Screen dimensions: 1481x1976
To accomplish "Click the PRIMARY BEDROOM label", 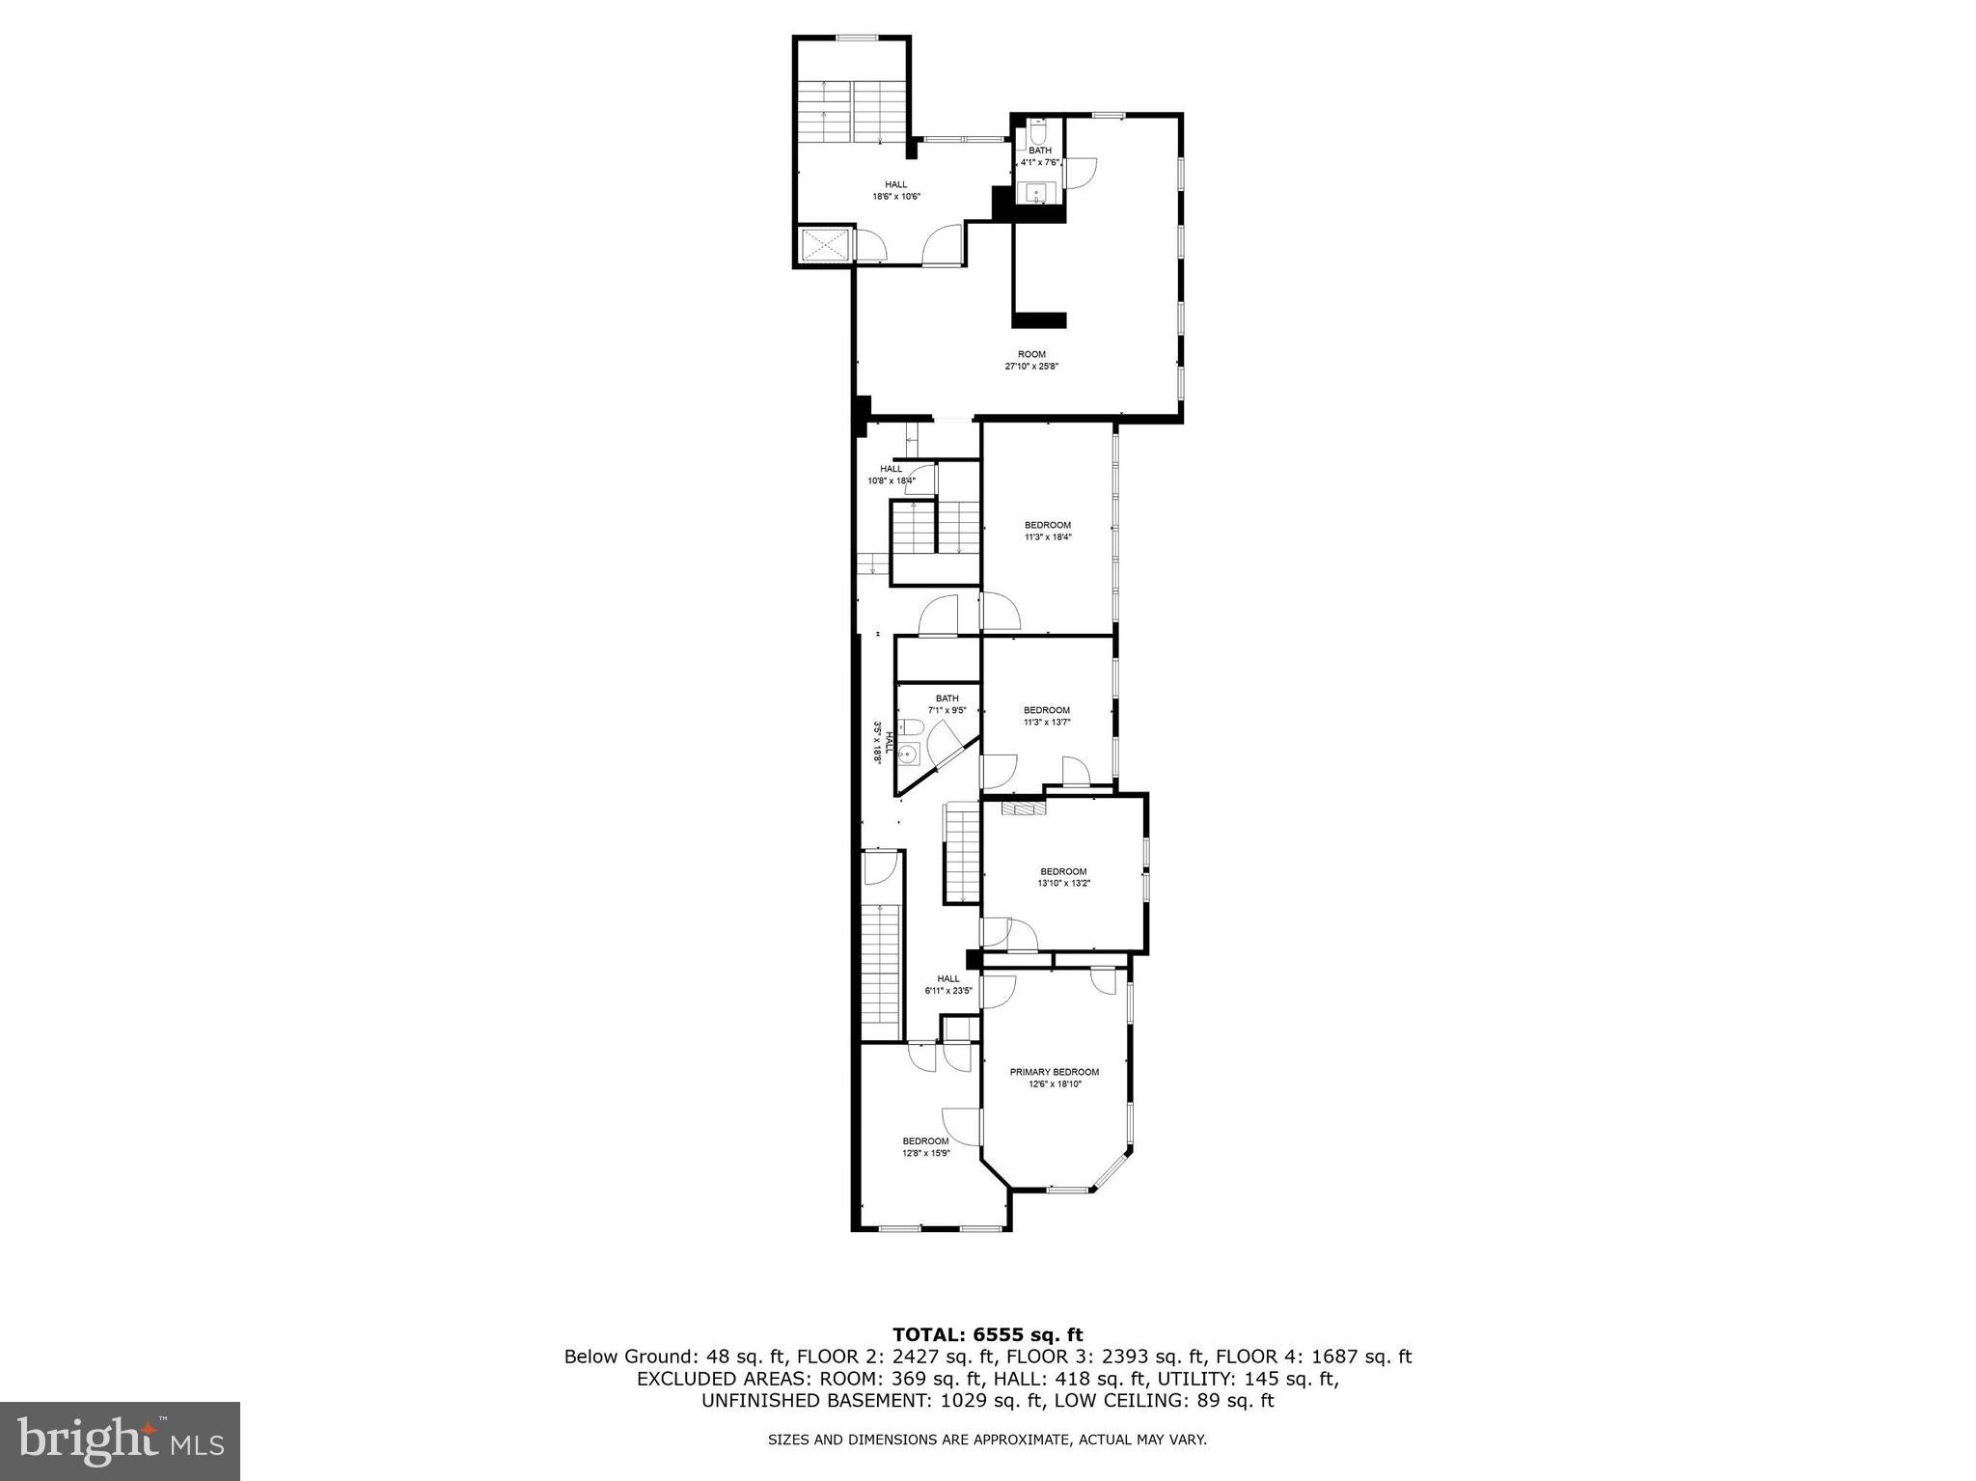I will pyautogui.click(x=1054, y=1072).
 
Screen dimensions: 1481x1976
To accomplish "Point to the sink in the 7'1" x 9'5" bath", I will pyautogui.click(x=907, y=754).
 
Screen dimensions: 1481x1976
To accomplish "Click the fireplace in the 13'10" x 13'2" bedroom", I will pyautogui.click(x=1022, y=809).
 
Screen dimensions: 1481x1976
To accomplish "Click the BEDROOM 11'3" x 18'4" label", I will pyautogui.click(x=1047, y=531).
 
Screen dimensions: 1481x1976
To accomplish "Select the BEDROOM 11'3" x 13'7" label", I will pyautogui.click(x=1047, y=716).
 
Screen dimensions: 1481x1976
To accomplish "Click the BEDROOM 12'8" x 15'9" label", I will pyautogui.click(x=926, y=1146).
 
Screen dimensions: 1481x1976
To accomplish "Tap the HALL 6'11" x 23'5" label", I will pyautogui.click(x=947, y=983).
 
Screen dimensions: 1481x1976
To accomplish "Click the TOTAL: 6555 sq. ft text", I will pyautogui.click(x=987, y=1335).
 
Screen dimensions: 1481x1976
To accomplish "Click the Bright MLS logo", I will pyautogui.click(x=120, y=1440).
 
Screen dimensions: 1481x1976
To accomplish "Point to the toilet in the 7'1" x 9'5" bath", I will pyautogui.click(x=908, y=727).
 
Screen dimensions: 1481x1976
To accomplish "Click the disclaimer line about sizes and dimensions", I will pyautogui.click(x=987, y=1440).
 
